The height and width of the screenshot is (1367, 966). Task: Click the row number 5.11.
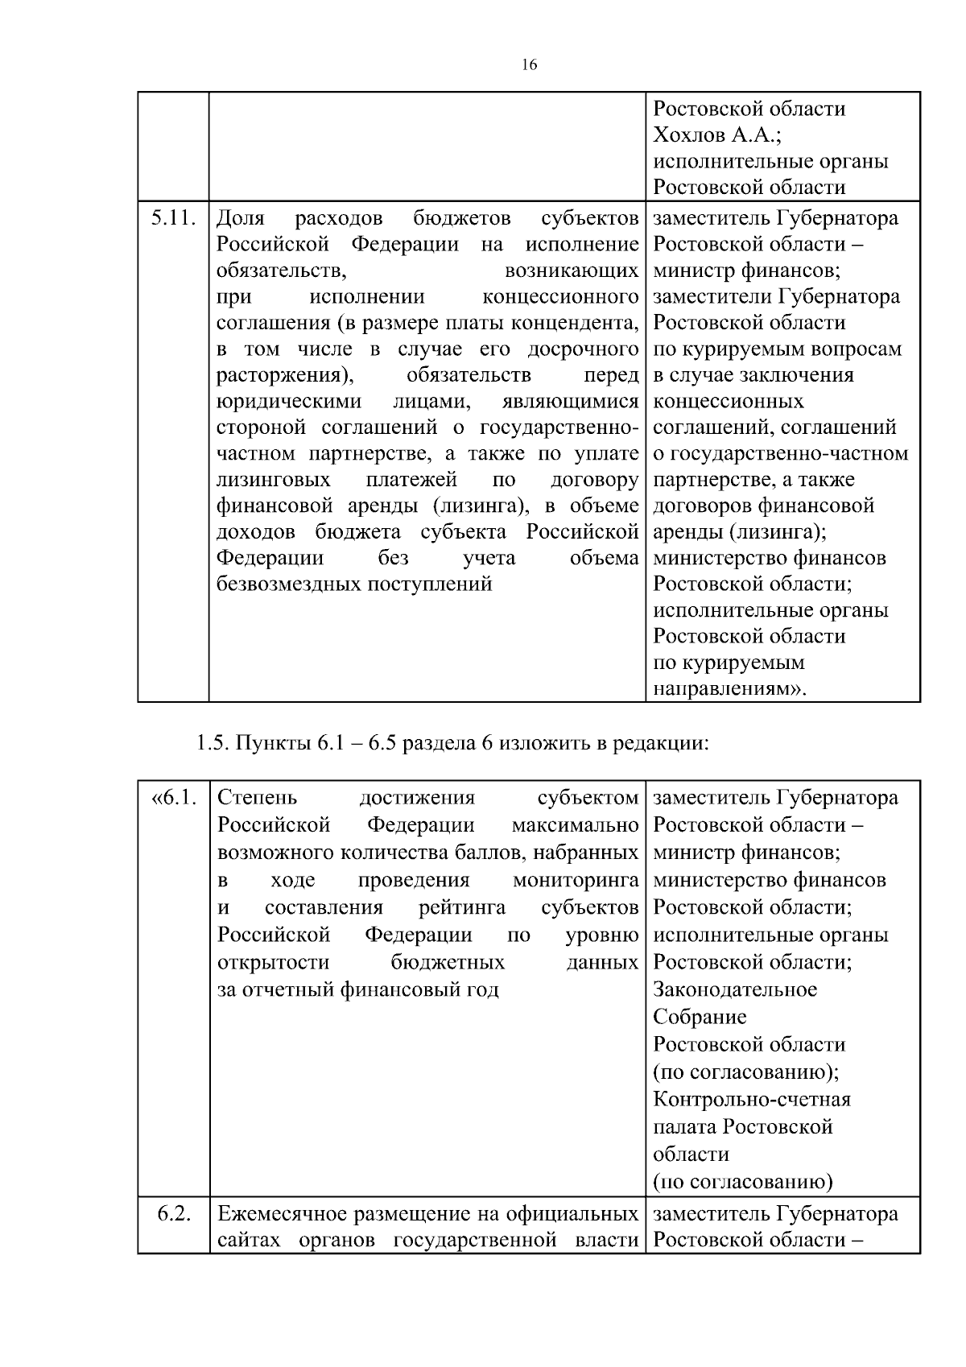[x=174, y=217]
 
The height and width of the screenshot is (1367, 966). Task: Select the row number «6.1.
[x=174, y=798]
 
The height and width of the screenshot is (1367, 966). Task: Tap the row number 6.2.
[x=174, y=1214]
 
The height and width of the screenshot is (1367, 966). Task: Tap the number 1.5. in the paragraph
[x=213, y=742]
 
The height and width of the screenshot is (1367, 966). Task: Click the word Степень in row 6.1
[x=258, y=798]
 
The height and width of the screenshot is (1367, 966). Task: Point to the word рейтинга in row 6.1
[x=462, y=907]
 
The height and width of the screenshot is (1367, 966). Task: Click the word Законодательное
[x=735, y=989]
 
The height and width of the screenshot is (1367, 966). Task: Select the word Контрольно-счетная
[x=752, y=1099]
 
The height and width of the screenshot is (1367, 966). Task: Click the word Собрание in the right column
[x=700, y=1017]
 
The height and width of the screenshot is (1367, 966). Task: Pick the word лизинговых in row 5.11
[x=274, y=480]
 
